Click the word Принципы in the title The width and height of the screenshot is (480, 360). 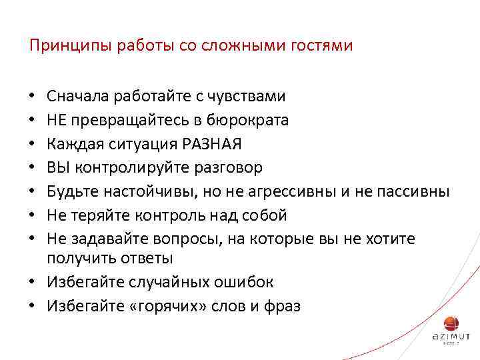coord(63,46)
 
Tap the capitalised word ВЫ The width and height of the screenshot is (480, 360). coord(56,167)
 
